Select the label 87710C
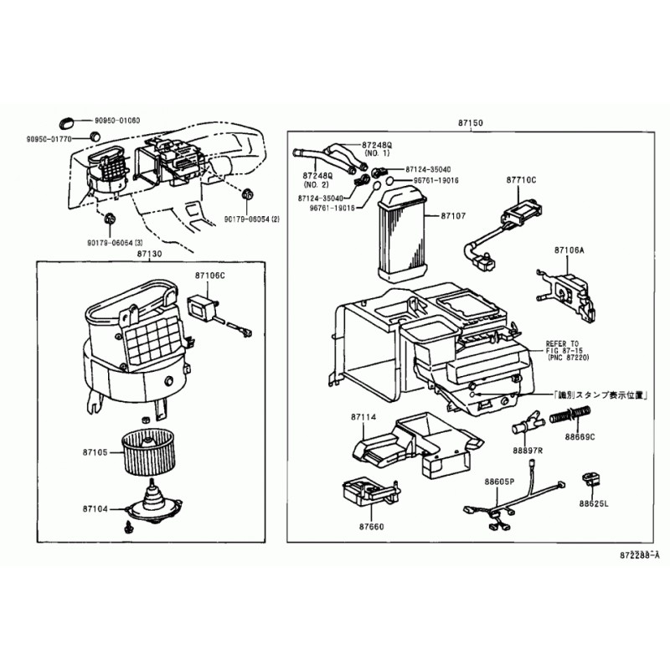[520, 180]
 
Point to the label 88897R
[528, 451]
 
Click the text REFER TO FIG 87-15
[563, 348]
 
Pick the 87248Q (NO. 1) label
[376, 148]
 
